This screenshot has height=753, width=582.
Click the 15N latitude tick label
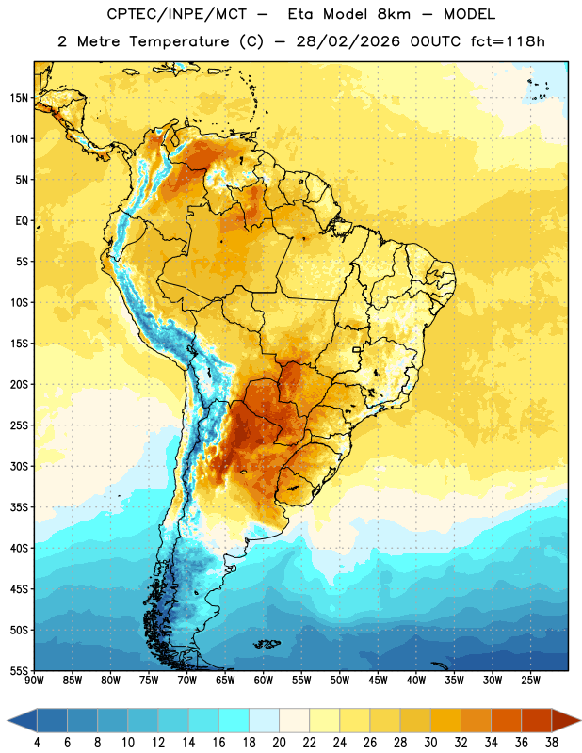pos(19,98)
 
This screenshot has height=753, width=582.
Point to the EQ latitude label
pos(22,221)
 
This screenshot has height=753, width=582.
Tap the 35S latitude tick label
pos(19,507)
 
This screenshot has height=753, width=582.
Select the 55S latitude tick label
pos(19,670)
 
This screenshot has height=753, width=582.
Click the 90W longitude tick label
pos(34,681)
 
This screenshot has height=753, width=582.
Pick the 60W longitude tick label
pos(264,681)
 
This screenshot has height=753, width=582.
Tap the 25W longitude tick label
pos(530,681)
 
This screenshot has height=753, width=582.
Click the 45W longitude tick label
pos(378,681)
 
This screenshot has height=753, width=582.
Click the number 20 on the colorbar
pos(279,743)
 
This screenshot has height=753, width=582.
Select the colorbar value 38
pos(552,743)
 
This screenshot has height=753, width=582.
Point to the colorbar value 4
pos(37,743)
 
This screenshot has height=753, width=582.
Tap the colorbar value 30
pos(430,743)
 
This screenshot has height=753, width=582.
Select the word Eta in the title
pos(300,14)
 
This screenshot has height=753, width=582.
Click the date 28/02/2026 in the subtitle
pos(348,41)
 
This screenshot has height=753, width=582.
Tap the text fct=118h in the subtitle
pos(508,41)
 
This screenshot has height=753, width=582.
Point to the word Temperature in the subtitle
pos(180,41)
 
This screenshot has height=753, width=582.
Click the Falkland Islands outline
pos(267,644)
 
